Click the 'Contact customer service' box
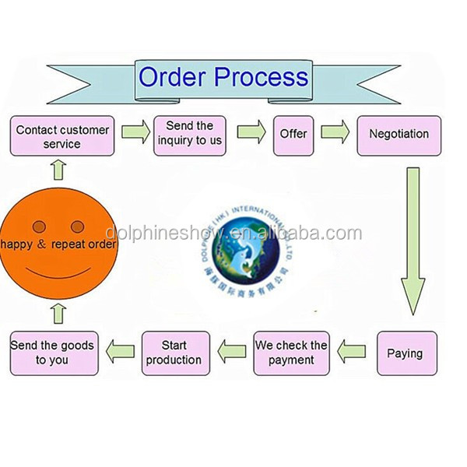(62, 136)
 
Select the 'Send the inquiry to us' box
(190, 134)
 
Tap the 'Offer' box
(293, 134)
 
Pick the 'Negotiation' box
(399, 134)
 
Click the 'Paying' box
(406, 353)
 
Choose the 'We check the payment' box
(291, 353)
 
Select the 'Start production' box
(175, 353)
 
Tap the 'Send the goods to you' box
(53, 353)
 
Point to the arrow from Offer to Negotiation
(335, 133)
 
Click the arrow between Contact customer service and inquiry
(134, 133)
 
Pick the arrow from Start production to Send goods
(121, 353)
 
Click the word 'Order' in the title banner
(173, 77)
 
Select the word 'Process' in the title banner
(261, 77)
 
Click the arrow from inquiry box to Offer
(251, 133)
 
